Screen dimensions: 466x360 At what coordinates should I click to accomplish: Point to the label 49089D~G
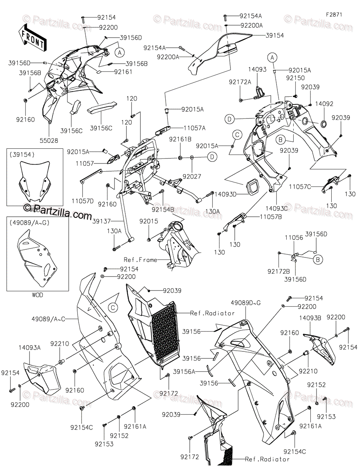point(245,301)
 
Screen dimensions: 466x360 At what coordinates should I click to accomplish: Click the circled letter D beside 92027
point(212,156)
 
